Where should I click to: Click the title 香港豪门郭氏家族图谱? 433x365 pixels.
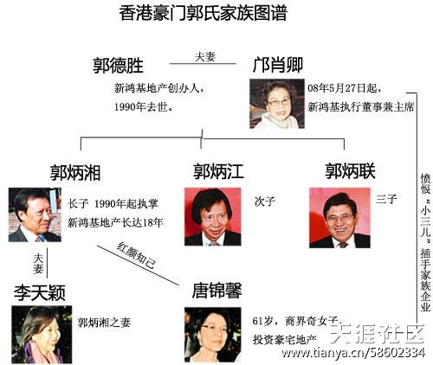coord(204,13)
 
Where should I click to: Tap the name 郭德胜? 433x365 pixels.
coord(118,66)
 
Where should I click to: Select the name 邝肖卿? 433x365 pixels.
coord(277,65)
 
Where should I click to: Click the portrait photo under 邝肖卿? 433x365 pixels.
coord(277,104)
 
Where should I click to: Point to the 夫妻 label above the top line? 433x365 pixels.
coord(205,56)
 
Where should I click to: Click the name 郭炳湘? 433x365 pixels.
coord(75,173)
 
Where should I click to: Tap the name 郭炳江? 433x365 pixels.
coord(218,171)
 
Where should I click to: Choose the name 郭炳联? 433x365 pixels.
coord(351,171)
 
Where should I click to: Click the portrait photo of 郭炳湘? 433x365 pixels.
coord(35,215)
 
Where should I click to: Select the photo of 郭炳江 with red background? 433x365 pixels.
coord(213,217)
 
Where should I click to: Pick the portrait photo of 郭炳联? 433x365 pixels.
coord(339,218)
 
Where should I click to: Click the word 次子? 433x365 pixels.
coord(265,202)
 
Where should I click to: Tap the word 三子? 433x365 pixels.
coord(386,199)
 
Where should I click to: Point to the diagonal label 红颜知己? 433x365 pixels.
coord(136,255)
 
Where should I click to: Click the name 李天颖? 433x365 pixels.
coord(40,292)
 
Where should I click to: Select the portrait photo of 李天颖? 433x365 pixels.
coord(42,335)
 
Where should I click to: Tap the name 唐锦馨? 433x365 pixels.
coord(217,291)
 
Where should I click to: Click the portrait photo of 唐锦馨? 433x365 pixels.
coord(213,335)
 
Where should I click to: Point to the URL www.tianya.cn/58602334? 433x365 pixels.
coord(353,353)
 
